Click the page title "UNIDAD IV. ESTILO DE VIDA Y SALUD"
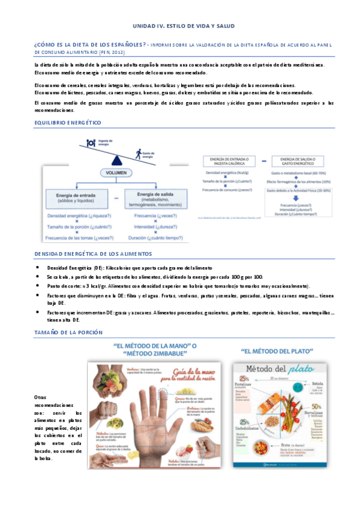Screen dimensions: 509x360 (184, 26)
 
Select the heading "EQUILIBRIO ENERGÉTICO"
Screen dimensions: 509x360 (67, 123)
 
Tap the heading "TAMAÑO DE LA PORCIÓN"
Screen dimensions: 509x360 (68, 333)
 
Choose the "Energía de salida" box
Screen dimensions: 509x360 (155, 197)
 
